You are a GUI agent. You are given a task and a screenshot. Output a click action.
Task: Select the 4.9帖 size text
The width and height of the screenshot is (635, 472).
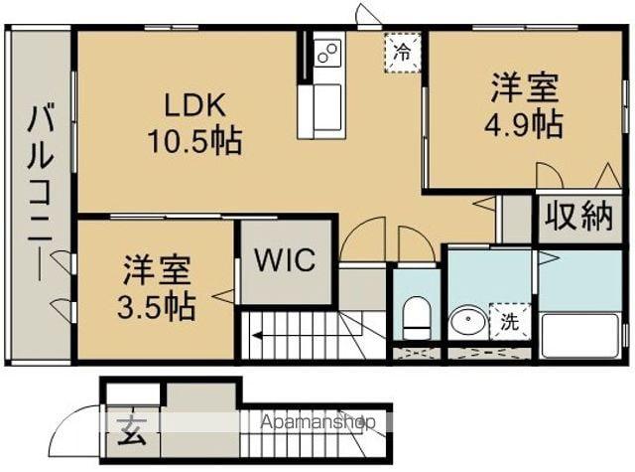[524, 124]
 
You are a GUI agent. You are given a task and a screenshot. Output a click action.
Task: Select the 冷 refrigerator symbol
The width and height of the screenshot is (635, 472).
[402, 49]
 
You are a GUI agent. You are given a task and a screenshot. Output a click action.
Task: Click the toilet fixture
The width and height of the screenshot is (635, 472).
[417, 319]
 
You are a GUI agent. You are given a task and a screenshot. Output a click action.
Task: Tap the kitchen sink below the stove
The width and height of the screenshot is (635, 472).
[326, 103]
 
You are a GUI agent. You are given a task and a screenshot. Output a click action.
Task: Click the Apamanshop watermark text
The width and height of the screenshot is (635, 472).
[317, 422]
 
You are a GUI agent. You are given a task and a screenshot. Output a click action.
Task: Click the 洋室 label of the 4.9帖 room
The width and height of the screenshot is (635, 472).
[524, 87]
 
